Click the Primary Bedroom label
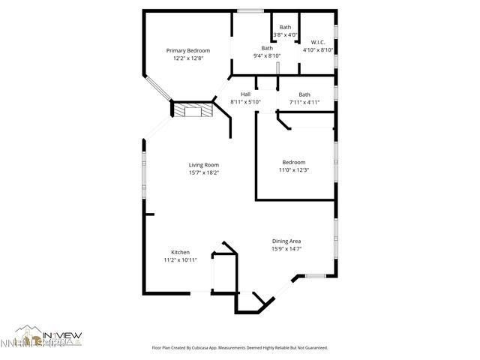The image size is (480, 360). pyautogui.click(x=187, y=50)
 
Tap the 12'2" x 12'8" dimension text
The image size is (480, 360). pyautogui.click(x=187, y=58)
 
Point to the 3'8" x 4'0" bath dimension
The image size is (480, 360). pyautogui.click(x=285, y=34)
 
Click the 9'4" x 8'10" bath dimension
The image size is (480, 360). pyautogui.click(x=267, y=55)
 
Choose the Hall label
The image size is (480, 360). pyautogui.click(x=245, y=94)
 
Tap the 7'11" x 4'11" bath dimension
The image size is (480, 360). pyautogui.click(x=304, y=102)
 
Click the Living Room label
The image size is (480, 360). pyautogui.click(x=203, y=165)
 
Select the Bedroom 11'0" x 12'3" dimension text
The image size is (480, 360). pyautogui.click(x=294, y=170)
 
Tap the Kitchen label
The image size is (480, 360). pyautogui.click(x=180, y=252)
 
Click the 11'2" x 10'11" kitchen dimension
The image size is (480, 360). pyautogui.click(x=180, y=260)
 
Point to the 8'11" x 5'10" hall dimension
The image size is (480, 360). pyautogui.click(x=245, y=102)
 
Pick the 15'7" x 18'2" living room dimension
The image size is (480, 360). pyautogui.click(x=203, y=173)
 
